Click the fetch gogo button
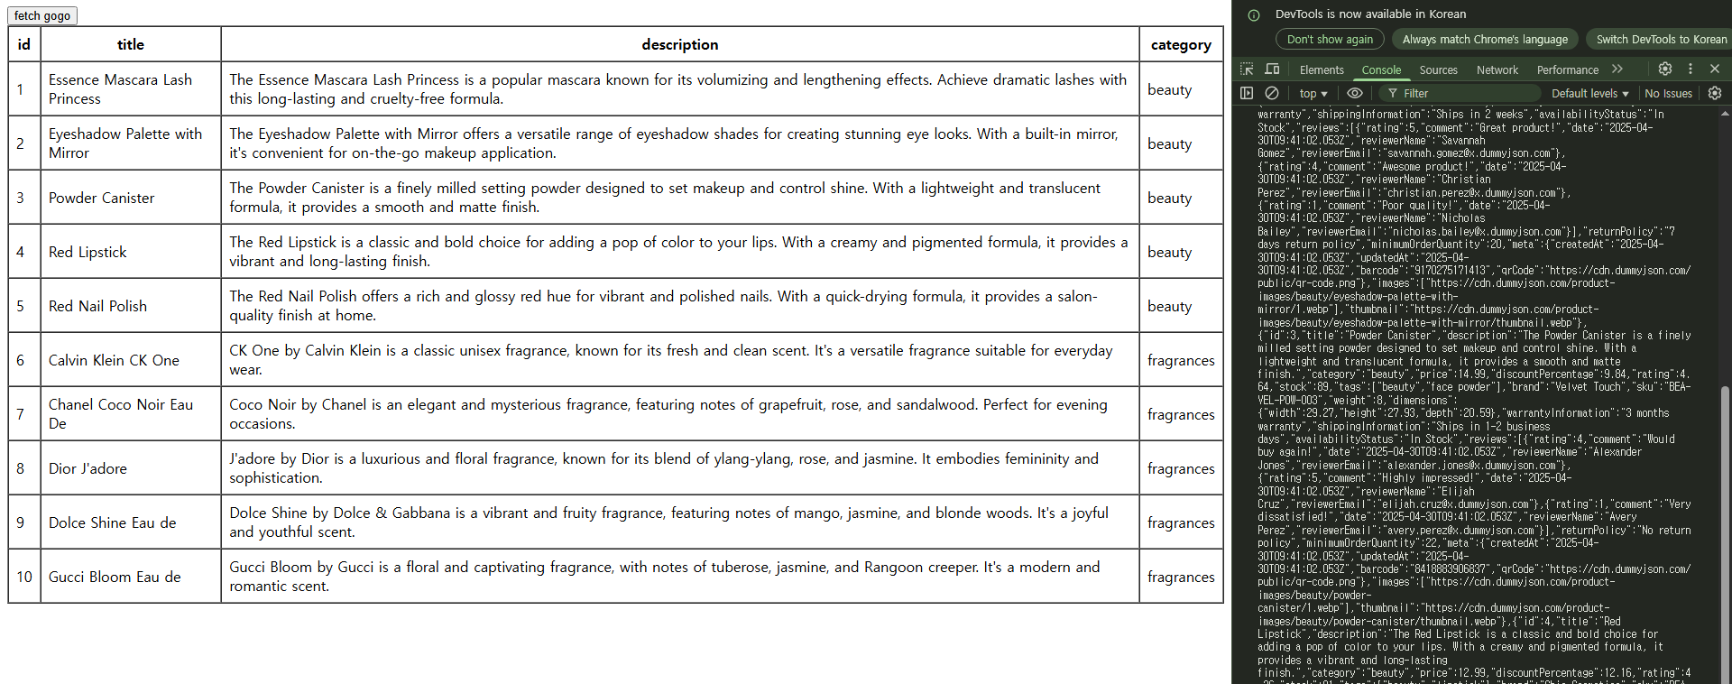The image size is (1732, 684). pos(42,15)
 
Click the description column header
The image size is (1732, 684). pos(679,44)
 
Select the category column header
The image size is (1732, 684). pos(1180,44)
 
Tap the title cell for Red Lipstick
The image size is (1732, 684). pos(88,252)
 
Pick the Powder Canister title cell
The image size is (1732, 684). pos(101,198)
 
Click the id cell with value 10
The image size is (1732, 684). pos(24,577)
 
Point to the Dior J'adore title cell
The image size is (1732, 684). pos(88,468)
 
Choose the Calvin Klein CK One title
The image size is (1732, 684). pos(114,360)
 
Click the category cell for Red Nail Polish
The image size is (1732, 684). pos(1169,306)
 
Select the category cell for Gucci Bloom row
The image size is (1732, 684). pos(1180,577)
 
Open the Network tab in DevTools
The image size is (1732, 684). pos(1497,69)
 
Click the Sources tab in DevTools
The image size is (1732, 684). pos(1438,69)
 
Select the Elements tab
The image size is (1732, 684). pos(1322,69)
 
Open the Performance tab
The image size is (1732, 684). pos(1567,69)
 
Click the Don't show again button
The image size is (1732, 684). pos(1330,39)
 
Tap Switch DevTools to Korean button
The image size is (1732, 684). pos(1661,39)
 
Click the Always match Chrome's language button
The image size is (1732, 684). pos(1485,39)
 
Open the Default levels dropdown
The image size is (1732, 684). pos(1589,93)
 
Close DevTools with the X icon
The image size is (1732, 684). pos(1714,69)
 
